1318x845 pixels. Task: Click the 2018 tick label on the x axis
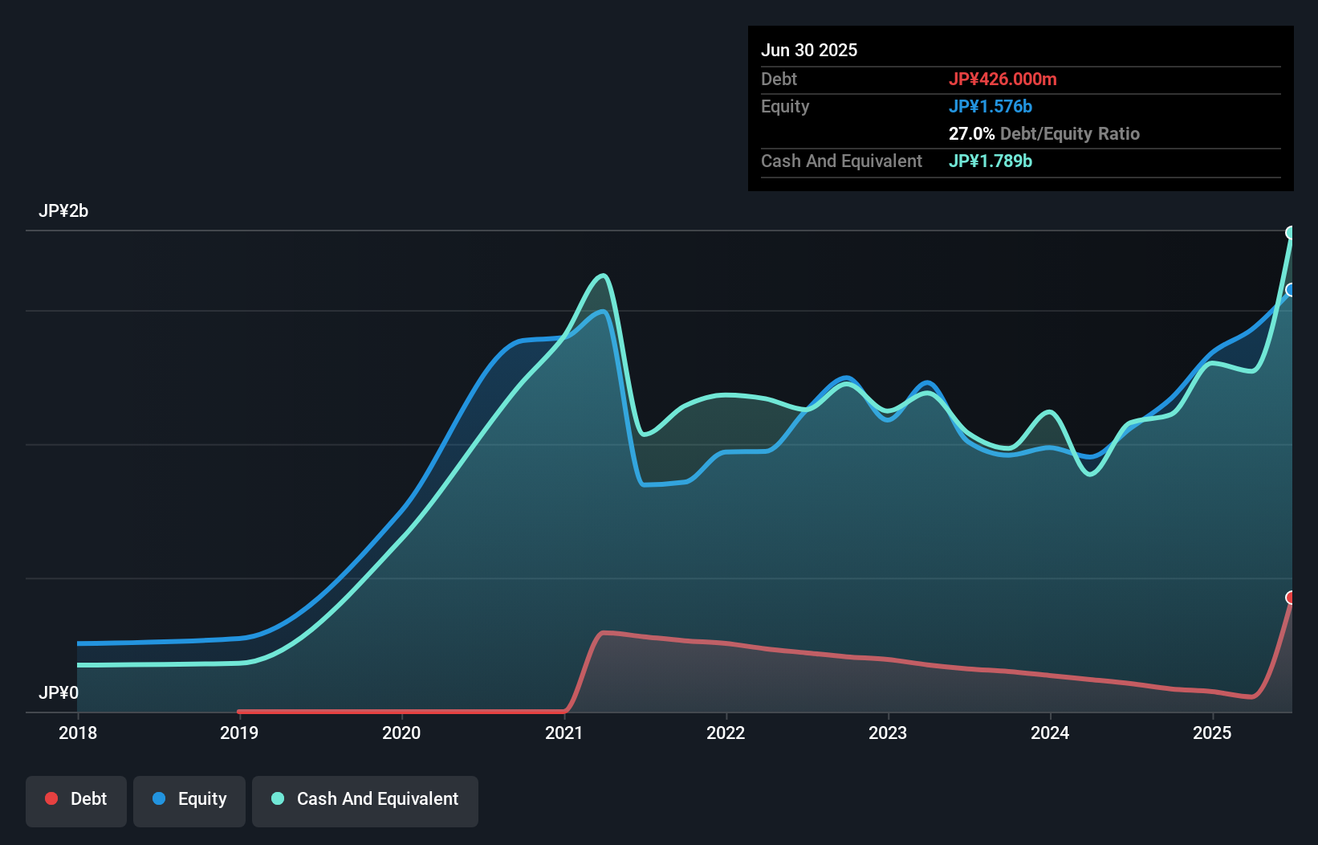point(78,733)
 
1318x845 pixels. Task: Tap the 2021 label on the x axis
point(563,733)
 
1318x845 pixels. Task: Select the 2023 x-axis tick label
point(888,733)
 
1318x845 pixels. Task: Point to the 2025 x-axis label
point(1212,733)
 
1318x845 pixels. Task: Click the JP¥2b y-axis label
point(63,211)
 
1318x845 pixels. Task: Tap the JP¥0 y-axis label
point(59,692)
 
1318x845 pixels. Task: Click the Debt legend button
point(76,799)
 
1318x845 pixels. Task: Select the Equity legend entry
point(189,799)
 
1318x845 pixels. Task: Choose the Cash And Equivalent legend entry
point(365,799)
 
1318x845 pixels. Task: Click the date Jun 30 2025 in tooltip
point(809,50)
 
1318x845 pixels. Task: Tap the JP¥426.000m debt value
point(1003,79)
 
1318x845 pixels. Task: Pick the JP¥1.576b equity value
point(991,106)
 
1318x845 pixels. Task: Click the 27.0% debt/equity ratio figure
point(971,133)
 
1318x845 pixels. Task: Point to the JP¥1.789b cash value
point(991,161)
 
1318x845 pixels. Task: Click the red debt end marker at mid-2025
point(1291,598)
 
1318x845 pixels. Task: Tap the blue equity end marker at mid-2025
point(1291,290)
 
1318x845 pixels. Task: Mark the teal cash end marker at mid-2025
point(1291,233)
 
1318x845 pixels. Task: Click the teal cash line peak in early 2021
point(603,276)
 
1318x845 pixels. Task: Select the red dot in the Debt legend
point(51,798)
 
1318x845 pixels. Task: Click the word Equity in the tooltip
point(785,106)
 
